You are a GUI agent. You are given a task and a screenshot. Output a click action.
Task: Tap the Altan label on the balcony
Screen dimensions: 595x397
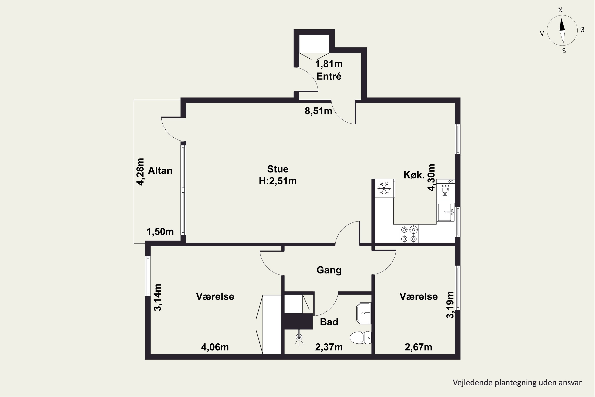pyautogui.click(x=160, y=171)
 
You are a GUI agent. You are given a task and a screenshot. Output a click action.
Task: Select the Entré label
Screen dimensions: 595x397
pyautogui.click(x=329, y=76)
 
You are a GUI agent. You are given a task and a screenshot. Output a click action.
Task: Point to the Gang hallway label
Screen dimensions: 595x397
pyautogui.click(x=329, y=270)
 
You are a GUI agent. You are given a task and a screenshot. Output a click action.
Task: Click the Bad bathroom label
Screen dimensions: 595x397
pyautogui.click(x=329, y=322)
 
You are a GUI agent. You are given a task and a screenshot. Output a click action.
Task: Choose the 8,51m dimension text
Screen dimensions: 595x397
pyautogui.click(x=318, y=111)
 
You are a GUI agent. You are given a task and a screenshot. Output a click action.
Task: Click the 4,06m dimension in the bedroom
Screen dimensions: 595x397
pyautogui.click(x=215, y=347)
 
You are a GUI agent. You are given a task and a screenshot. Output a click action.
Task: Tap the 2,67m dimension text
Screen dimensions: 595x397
pyautogui.click(x=418, y=347)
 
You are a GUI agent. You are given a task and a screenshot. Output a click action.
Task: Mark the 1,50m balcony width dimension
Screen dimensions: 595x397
pyautogui.click(x=160, y=231)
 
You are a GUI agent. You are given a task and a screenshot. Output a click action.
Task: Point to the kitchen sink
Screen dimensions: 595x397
pyautogui.click(x=446, y=212)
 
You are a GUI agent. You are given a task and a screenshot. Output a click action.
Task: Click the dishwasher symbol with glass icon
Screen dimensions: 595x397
pyautogui.click(x=445, y=189)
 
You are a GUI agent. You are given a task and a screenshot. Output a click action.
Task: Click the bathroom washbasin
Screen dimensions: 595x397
pyautogui.click(x=364, y=313)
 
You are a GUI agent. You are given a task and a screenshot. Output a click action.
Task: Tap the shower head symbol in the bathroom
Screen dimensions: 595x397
pyautogui.click(x=299, y=337)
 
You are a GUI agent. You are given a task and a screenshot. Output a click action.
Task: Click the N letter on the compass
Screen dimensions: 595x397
pyautogui.click(x=560, y=10)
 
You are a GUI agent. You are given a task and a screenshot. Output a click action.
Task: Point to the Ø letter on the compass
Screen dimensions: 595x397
pyautogui.click(x=582, y=30)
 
